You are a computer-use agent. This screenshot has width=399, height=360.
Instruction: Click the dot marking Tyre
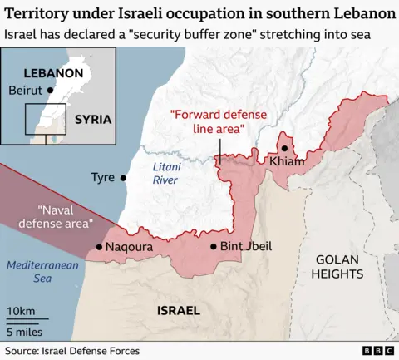[x=124, y=177]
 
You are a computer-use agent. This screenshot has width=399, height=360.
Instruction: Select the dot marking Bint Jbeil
[x=214, y=246]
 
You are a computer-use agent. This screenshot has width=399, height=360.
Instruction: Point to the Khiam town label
[x=287, y=160]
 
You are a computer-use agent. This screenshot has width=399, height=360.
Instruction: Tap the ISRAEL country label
[x=178, y=311]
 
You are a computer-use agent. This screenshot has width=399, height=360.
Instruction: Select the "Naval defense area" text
[x=64, y=217]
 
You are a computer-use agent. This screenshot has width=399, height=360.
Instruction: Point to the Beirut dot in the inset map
[x=52, y=90]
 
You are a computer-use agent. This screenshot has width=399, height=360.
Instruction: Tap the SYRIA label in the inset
[x=92, y=119]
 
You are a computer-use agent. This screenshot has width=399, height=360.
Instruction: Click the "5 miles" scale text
[x=25, y=330]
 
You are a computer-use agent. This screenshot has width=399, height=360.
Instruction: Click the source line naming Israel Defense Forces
[x=72, y=351]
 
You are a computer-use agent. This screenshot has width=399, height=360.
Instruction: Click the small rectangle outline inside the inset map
[x=40, y=119]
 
